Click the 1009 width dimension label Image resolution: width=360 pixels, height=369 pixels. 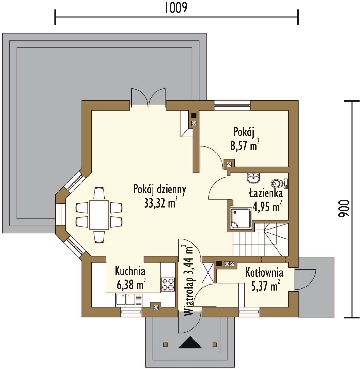176,8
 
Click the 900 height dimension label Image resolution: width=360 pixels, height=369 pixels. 344,208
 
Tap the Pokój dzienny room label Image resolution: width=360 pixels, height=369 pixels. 160,189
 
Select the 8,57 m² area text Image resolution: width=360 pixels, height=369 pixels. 245,145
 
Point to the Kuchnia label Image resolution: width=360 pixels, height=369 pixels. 130,271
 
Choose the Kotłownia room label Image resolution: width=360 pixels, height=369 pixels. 264,272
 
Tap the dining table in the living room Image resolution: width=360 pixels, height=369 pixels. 99,215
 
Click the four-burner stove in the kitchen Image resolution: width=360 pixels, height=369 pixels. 168,284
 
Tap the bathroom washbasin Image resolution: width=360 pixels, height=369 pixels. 254,178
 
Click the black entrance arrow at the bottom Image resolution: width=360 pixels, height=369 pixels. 190,342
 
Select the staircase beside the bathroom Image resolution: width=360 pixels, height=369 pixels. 261,239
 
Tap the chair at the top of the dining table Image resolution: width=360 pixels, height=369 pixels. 99,193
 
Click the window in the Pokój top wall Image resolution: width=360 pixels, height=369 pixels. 232,105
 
